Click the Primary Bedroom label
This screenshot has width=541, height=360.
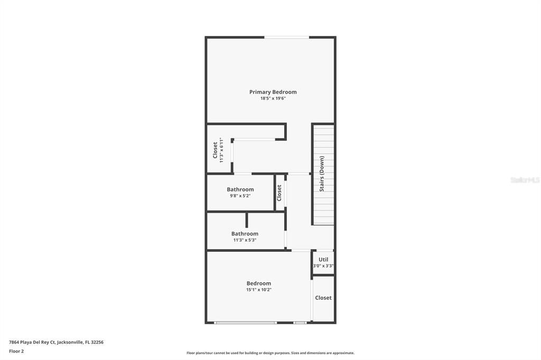tap(273, 92)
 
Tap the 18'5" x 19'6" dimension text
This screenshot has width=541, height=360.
tap(273, 99)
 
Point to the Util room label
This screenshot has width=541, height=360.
tap(323, 260)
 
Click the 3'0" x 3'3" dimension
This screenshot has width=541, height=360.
tap(323, 266)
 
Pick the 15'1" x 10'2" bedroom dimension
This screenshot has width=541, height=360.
tap(258, 290)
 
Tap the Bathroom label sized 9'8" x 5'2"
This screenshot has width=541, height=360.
tap(240, 190)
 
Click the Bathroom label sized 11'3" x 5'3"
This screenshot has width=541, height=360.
tap(245, 234)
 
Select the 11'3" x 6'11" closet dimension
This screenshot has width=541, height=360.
tap(222, 150)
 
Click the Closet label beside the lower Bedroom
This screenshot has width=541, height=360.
tap(323, 298)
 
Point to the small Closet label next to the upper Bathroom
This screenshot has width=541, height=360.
tap(279, 193)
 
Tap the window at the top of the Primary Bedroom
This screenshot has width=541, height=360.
tap(286, 37)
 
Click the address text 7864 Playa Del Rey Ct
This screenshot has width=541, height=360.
tap(32, 342)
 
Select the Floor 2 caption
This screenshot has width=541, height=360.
tap(16, 351)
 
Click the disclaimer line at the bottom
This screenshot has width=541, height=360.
tap(270, 353)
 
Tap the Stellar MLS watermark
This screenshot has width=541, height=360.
tap(525, 180)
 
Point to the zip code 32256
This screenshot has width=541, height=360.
tap(97, 342)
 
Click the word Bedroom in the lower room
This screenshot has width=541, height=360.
tap(258, 283)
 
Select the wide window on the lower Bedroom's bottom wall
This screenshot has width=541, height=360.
tap(245, 323)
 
